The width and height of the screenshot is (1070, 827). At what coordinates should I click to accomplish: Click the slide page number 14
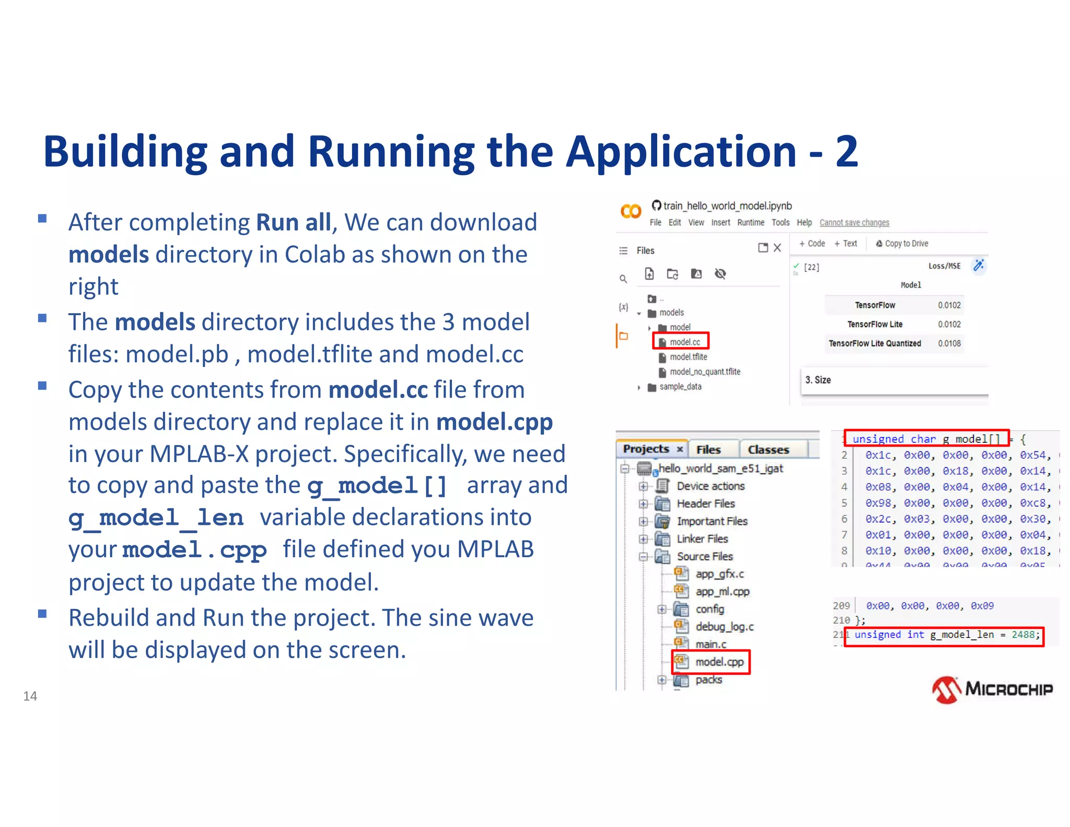(x=30, y=696)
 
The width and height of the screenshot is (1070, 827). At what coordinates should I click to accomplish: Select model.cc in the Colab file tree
(x=684, y=342)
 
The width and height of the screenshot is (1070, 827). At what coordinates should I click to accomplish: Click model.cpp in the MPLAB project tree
(x=719, y=662)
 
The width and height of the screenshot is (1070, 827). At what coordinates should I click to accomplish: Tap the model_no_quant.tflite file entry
(x=704, y=372)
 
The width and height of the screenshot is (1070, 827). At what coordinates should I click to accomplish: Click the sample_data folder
(x=680, y=387)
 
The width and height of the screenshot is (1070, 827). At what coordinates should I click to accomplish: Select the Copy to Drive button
(x=902, y=244)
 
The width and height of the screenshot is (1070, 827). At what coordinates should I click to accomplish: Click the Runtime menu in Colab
(x=750, y=223)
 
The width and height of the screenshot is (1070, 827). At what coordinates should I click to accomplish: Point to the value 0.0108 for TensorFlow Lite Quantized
(x=949, y=343)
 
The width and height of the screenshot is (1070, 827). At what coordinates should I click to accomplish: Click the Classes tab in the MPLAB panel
(x=768, y=450)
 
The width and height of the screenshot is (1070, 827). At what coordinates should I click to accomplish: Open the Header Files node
(x=705, y=503)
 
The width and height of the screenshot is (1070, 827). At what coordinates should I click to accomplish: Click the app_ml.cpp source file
(x=722, y=591)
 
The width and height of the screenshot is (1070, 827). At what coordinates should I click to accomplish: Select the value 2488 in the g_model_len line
(x=1022, y=635)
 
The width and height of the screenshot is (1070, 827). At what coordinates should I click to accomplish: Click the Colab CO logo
(x=631, y=211)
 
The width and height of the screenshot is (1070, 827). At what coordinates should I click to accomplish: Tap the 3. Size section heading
(x=818, y=380)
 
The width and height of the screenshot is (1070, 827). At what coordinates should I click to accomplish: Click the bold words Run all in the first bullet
(x=293, y=222)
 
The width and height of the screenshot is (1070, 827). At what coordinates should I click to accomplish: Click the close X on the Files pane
(x=777, y=248)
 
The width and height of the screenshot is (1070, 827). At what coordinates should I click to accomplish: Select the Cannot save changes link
(x=854, y=223)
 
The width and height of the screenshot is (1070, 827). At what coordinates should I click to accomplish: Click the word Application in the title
(x=681, y=152)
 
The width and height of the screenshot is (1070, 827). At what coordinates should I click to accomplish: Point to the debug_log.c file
(x=724, y=626)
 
